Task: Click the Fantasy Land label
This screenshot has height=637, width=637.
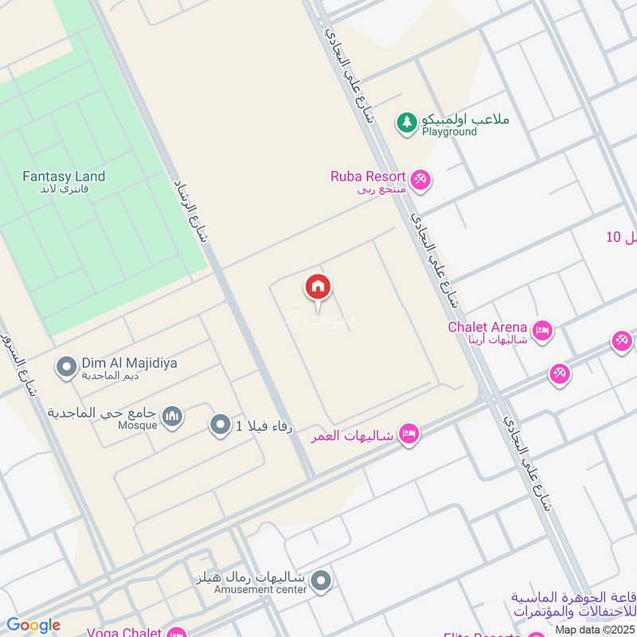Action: click(x=64, y=176)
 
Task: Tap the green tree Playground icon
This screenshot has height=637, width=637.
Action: click(x=407, y=123)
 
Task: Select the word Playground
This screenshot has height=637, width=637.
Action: click(x=449, y=131)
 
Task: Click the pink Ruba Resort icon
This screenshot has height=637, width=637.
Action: click(x=421, y=180)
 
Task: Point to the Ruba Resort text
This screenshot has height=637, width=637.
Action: click(x=369, y=176)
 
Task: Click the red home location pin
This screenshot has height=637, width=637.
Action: click(x=318, y=288)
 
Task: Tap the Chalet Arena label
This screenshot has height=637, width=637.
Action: click(x=487, y=326)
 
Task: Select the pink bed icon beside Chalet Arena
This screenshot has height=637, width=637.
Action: click(x=542, y=330)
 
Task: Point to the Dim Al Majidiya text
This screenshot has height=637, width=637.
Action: click(x=129, y=363)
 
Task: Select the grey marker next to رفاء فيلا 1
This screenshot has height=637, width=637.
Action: click(x=219, y=425)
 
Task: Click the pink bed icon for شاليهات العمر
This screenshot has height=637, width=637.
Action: click(x=409, y=434)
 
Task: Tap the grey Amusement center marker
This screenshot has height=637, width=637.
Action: click(x=321, y=580)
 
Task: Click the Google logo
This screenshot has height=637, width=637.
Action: click(x=33, y=625)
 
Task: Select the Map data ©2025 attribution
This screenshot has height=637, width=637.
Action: click(x=594, y=630)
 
